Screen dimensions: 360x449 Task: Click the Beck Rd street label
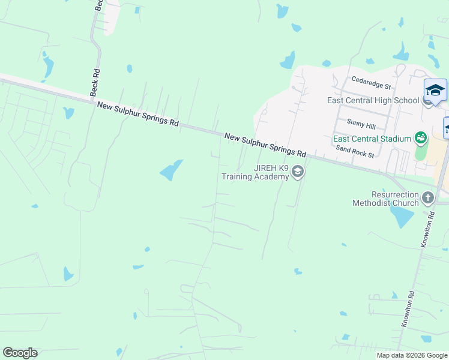[95, 82]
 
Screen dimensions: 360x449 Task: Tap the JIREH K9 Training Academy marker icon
[297, 173]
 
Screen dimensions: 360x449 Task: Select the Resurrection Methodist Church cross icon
[427, 197]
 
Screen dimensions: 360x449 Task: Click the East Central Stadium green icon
[421, 138]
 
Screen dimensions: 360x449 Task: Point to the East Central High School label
[373, 100]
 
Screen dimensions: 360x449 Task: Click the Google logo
[20, 353]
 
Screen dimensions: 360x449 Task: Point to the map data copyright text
[412, 355]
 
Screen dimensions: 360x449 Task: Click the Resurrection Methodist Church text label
[387, 199]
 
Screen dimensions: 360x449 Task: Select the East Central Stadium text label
[373, 139]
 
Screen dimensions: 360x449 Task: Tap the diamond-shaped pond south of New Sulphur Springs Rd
[172, 170]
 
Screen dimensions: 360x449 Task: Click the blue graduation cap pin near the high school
[435, 90]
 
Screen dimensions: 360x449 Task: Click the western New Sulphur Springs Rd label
[138, 113]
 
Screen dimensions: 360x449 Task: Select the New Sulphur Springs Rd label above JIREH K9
[265, 145]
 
